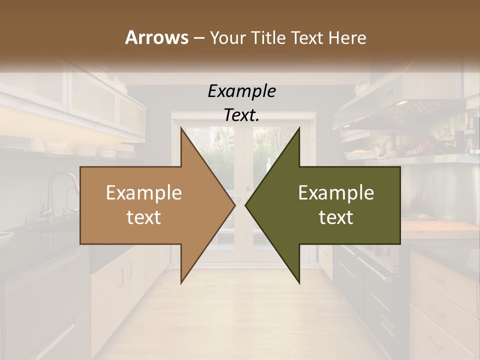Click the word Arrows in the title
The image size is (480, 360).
click(156, 37)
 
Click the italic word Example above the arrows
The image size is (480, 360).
click(241, 91)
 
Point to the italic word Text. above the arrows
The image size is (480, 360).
click(241, 115)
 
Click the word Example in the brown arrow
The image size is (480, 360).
click(144, 193)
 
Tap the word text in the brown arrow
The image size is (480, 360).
click(144, 217)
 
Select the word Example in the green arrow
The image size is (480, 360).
click(336, 193)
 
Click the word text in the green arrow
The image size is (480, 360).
click(336, 217)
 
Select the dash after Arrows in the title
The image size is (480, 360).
click(198, 38)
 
